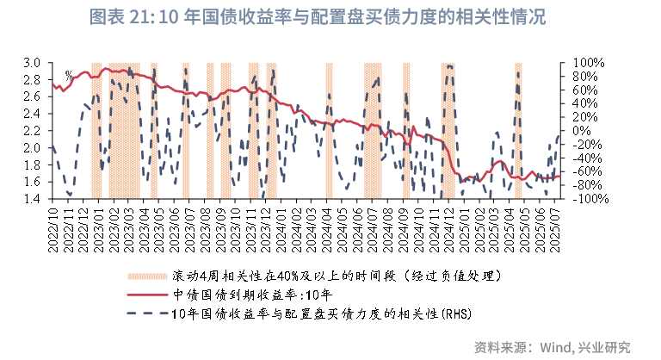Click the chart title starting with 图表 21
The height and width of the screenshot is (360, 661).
tap(330, 17)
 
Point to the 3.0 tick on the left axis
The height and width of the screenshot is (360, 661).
tap(32, 63)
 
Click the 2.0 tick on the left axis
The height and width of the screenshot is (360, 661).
tap(32, 148)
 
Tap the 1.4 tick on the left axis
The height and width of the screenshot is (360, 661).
tap(32, 199)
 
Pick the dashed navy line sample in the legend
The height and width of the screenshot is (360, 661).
tap(147, 312)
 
